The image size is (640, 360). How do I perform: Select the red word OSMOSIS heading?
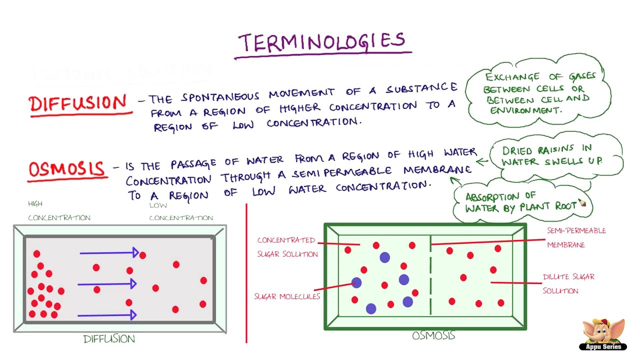pos(67,169)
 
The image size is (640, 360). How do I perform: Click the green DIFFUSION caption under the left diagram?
pos(109,339)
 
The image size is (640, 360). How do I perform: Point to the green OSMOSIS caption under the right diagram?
pos(433,335)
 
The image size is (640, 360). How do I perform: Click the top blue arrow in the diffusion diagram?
pos(109,253)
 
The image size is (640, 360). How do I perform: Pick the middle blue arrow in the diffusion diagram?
pos(107,284)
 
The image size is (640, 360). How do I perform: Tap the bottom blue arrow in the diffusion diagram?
pos(107,315)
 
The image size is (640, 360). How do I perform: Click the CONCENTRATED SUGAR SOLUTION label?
pos(287,247)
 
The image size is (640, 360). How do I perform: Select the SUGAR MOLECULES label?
pos(287,296)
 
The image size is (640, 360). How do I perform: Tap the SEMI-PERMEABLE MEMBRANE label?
pos(576,237)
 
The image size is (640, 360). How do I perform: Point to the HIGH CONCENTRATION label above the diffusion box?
pos(59,211)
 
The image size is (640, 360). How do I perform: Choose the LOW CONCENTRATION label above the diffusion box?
pos(181,211)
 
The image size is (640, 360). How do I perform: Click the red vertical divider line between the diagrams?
pos(246,273)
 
